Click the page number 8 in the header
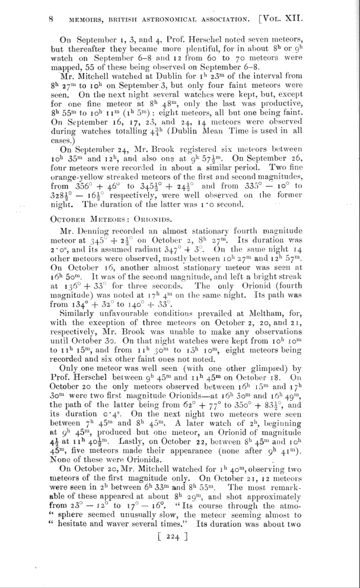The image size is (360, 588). (52, 19)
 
